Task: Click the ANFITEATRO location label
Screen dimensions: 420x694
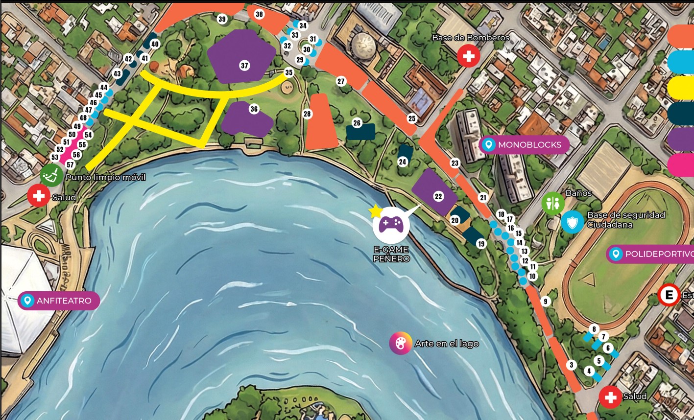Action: tap(59, 301)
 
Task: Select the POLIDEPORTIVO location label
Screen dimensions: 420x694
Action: tap(651, 254)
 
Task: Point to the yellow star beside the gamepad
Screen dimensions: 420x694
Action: tap(375, 211)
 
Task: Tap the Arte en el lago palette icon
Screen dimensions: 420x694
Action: tap(400, 343)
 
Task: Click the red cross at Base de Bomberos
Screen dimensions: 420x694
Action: tap(469, 56)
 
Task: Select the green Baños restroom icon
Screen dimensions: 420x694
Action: tap(552, 204)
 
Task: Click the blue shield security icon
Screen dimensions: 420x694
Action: tap(572, 222)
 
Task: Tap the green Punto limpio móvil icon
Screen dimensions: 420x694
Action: tap(51, 175)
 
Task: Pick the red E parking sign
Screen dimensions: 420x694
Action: tap(669, 295)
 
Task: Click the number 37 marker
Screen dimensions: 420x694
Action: tap(244, 66)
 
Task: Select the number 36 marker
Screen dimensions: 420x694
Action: tap(254, 109)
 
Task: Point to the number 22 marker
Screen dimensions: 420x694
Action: tap(438, 196)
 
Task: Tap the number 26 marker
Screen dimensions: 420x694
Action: tap(357, 123)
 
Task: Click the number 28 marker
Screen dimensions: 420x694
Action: tap(307, 114)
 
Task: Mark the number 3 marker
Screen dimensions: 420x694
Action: tap(571, 365)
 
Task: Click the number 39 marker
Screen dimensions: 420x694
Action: tap(222, 20)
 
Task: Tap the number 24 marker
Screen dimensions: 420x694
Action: tap(403, 162)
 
